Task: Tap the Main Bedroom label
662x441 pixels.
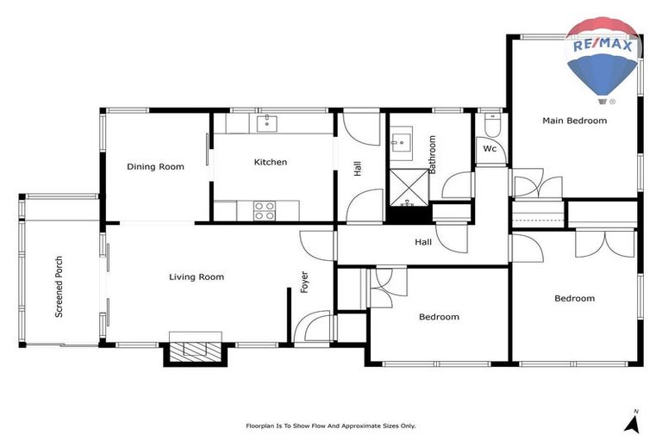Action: coord(574,121)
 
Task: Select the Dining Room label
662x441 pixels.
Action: coord(155,167)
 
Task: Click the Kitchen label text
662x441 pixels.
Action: coord(270,162)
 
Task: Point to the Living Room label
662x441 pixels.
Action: coord(197,277)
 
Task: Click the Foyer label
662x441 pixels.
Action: coord(304,283)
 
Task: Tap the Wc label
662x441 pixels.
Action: coord(490,149)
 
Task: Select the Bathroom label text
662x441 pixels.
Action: coord(433,155)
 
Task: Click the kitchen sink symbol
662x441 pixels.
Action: coord(267,123)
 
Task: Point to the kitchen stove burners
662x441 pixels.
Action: coord(265,208)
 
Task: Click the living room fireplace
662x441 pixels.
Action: coord(196,350)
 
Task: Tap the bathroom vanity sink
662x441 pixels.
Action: coord(402,142)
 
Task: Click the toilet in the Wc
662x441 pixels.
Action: coord(491,126)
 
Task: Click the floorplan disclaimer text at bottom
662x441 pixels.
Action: coord(331,425)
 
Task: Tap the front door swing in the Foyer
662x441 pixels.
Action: coord(313,327)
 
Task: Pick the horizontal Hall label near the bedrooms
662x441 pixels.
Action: coord(423,243)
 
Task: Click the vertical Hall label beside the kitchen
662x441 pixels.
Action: coord(358,169)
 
